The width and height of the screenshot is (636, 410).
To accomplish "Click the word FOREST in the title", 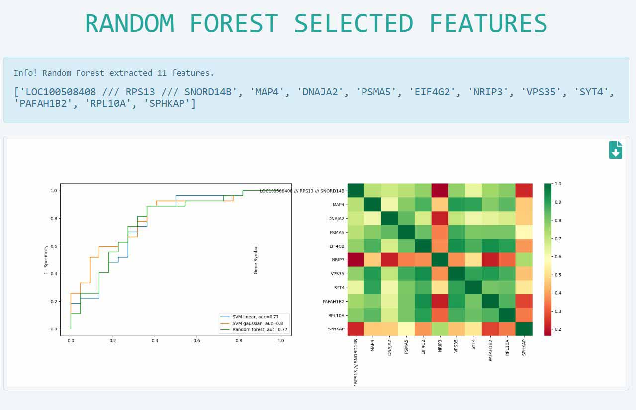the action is coord(234,23).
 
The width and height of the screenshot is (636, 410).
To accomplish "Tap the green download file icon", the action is coord(615,150).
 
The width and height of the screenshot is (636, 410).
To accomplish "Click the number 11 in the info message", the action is coord(162,73).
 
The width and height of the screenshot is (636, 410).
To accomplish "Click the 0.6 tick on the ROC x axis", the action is coord(197,341).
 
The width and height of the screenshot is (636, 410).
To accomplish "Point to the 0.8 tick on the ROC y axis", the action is coord(54,219).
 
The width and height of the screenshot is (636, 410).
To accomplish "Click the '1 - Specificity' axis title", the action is coord(46,260).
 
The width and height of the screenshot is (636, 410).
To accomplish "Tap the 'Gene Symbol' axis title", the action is coord(256,260).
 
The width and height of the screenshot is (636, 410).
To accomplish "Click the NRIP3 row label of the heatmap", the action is coord(338,260).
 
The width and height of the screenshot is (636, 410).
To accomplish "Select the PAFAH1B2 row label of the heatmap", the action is coord(333,301).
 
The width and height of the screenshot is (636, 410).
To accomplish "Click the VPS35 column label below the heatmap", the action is coord(456,346).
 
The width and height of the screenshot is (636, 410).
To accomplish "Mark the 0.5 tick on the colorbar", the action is coord(558,275).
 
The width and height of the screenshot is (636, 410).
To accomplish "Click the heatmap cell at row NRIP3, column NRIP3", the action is coord(440,259).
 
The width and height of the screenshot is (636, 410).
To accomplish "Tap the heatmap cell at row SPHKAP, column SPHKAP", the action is coord(524,329).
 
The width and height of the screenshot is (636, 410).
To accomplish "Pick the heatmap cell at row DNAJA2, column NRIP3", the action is coord(440,218).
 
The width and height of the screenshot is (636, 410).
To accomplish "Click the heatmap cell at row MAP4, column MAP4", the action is coord(373,204).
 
